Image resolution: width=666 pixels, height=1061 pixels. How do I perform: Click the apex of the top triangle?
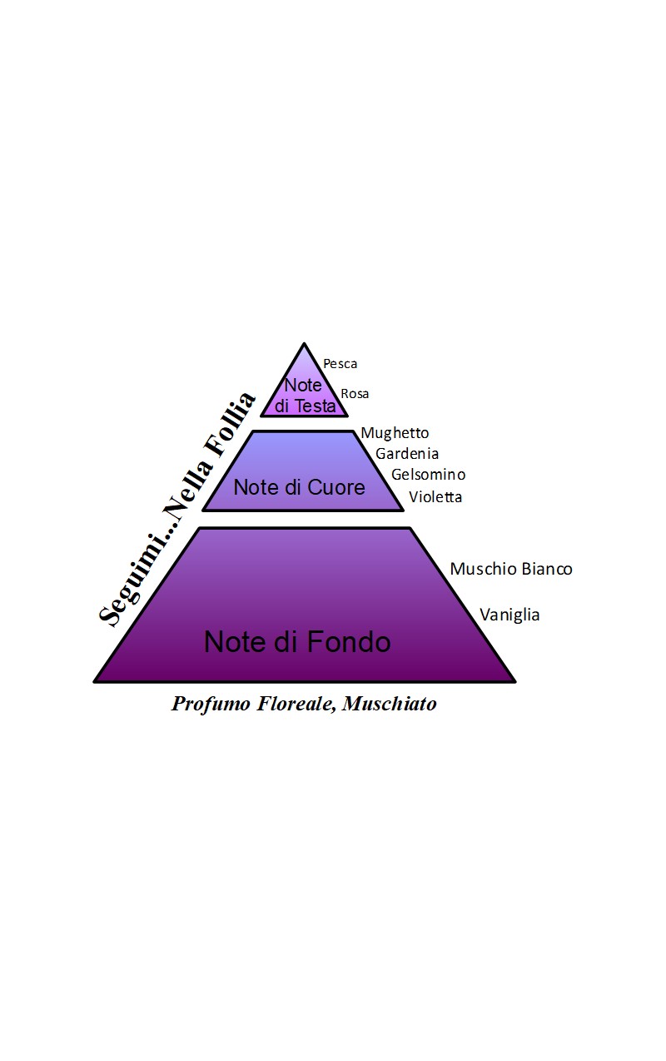coord(304,344)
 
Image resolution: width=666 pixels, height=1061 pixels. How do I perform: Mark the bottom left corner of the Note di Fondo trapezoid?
coord(95,681)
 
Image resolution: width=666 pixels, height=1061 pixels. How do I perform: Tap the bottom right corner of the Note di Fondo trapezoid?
coord(515,681)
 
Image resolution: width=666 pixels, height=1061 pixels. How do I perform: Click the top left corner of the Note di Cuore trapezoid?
coord(253,431)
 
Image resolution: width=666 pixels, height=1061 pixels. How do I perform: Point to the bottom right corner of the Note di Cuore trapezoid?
coord(403,511)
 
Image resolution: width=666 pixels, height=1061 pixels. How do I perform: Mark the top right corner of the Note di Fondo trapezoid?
coord(410,528)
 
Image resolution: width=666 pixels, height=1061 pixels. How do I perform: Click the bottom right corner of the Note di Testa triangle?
coord(347,416)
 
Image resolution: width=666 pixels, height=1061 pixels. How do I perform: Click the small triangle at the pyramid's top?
coord(304,388)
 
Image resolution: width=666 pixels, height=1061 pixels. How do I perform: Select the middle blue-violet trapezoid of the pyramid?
coord(303,471)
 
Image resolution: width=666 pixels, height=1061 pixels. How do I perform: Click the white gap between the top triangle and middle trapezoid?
coord(303,423)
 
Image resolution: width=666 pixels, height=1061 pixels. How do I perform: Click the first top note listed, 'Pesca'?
coord(340,364)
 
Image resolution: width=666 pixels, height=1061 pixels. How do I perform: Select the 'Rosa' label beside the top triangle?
coord(355,394)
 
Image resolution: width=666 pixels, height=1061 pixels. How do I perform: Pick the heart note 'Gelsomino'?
coord(429,474)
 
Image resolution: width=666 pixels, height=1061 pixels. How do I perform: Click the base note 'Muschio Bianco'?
coord(511,568)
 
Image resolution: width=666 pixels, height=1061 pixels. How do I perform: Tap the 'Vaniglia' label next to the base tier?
coord(509,615)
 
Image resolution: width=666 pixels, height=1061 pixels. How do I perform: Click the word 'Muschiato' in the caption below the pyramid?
coord(389,704)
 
